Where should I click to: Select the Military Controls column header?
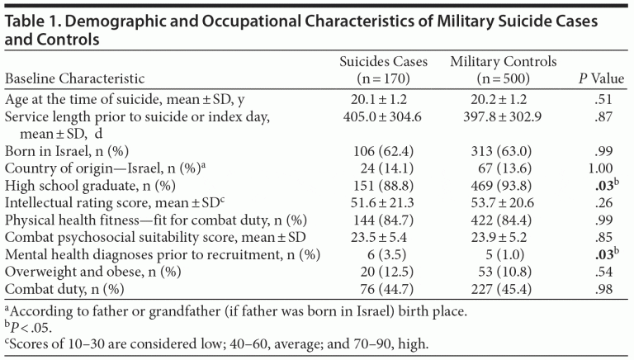coord(504,71)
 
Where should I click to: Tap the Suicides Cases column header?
coord(382,71)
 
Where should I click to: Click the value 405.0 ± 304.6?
coord(382,117)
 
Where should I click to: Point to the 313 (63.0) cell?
coord(504,151)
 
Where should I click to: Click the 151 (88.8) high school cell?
coord(382,185)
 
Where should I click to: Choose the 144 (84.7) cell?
coord(382,219)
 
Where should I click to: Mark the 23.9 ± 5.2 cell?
coord(504,235)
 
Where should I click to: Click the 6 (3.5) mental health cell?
coord(382,253)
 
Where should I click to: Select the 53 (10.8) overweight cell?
coord(504,269)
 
